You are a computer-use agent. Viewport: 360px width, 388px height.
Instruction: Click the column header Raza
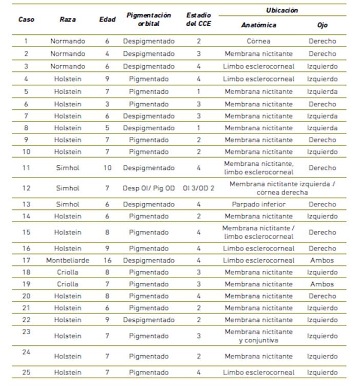tap(68, 20)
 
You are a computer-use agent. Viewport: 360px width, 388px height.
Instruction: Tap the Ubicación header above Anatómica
tap(282, 10)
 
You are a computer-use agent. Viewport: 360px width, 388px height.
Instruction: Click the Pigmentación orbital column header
tap(149, 20)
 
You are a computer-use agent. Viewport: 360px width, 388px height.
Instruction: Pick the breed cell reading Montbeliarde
tap(68, 260)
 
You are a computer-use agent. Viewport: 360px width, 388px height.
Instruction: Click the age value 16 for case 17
tap(107, 260)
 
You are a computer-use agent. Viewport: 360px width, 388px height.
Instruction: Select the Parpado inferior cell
tap(258, 204)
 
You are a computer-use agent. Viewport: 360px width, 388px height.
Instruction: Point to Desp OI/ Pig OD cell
tap(149, 188)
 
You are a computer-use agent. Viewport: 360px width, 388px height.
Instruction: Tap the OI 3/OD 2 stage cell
tap(198, 188)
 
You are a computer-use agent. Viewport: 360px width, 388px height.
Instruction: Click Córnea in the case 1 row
tap(258, 41)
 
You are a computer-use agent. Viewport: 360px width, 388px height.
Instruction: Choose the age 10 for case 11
tap(107, 168)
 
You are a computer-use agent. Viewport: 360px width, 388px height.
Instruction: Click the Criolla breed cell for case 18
tap(68, 272)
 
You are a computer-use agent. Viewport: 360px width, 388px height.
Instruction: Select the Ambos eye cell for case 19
tap(322, 284)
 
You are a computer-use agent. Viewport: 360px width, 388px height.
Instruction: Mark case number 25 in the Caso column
tap(26, 372)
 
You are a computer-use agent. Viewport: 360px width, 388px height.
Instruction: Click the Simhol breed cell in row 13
tap(68, 204)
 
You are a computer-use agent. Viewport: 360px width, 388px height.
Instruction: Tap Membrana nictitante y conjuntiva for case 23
tap(258, 336)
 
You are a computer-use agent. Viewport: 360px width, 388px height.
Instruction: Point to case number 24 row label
tap(26, 352)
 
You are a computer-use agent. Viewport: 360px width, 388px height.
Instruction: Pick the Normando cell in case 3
tap(68, 66)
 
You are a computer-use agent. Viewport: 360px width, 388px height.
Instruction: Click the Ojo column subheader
tap(322, 25)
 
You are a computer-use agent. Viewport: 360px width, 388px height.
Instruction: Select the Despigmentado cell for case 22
tap(149, 320)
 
